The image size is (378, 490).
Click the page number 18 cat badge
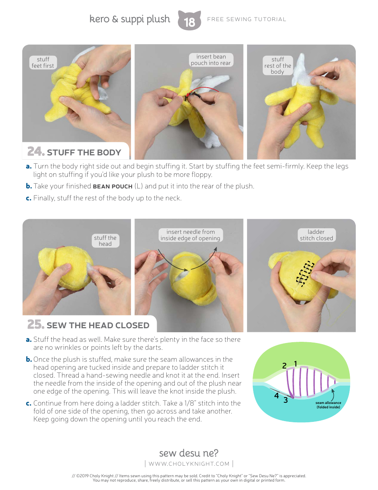click(189, 21)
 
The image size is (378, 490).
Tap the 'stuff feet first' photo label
click(43, 63)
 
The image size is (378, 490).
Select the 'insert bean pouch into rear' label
click(210, 60)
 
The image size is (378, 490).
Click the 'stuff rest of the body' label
click(278, 65)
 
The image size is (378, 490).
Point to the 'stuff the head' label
click(105, 241)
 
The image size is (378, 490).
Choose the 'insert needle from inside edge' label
click(190, 235)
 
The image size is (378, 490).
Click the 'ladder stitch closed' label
click(316, 235)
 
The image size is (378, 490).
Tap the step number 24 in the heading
click(35, 152)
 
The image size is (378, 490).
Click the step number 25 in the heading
click(35, 325)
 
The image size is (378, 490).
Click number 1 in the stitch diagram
click(296, 363)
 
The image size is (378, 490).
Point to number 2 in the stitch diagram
click(284, 366)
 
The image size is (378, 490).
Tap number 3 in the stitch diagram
click(285, 400)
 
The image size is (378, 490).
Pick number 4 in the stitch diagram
click(276, 396)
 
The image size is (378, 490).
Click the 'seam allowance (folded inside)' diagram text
click(328, 405)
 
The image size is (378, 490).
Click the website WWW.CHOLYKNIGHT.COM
click(189, 463)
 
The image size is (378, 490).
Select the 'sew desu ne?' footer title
click(189, 453)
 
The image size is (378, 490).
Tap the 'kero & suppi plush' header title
click(130, 19)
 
